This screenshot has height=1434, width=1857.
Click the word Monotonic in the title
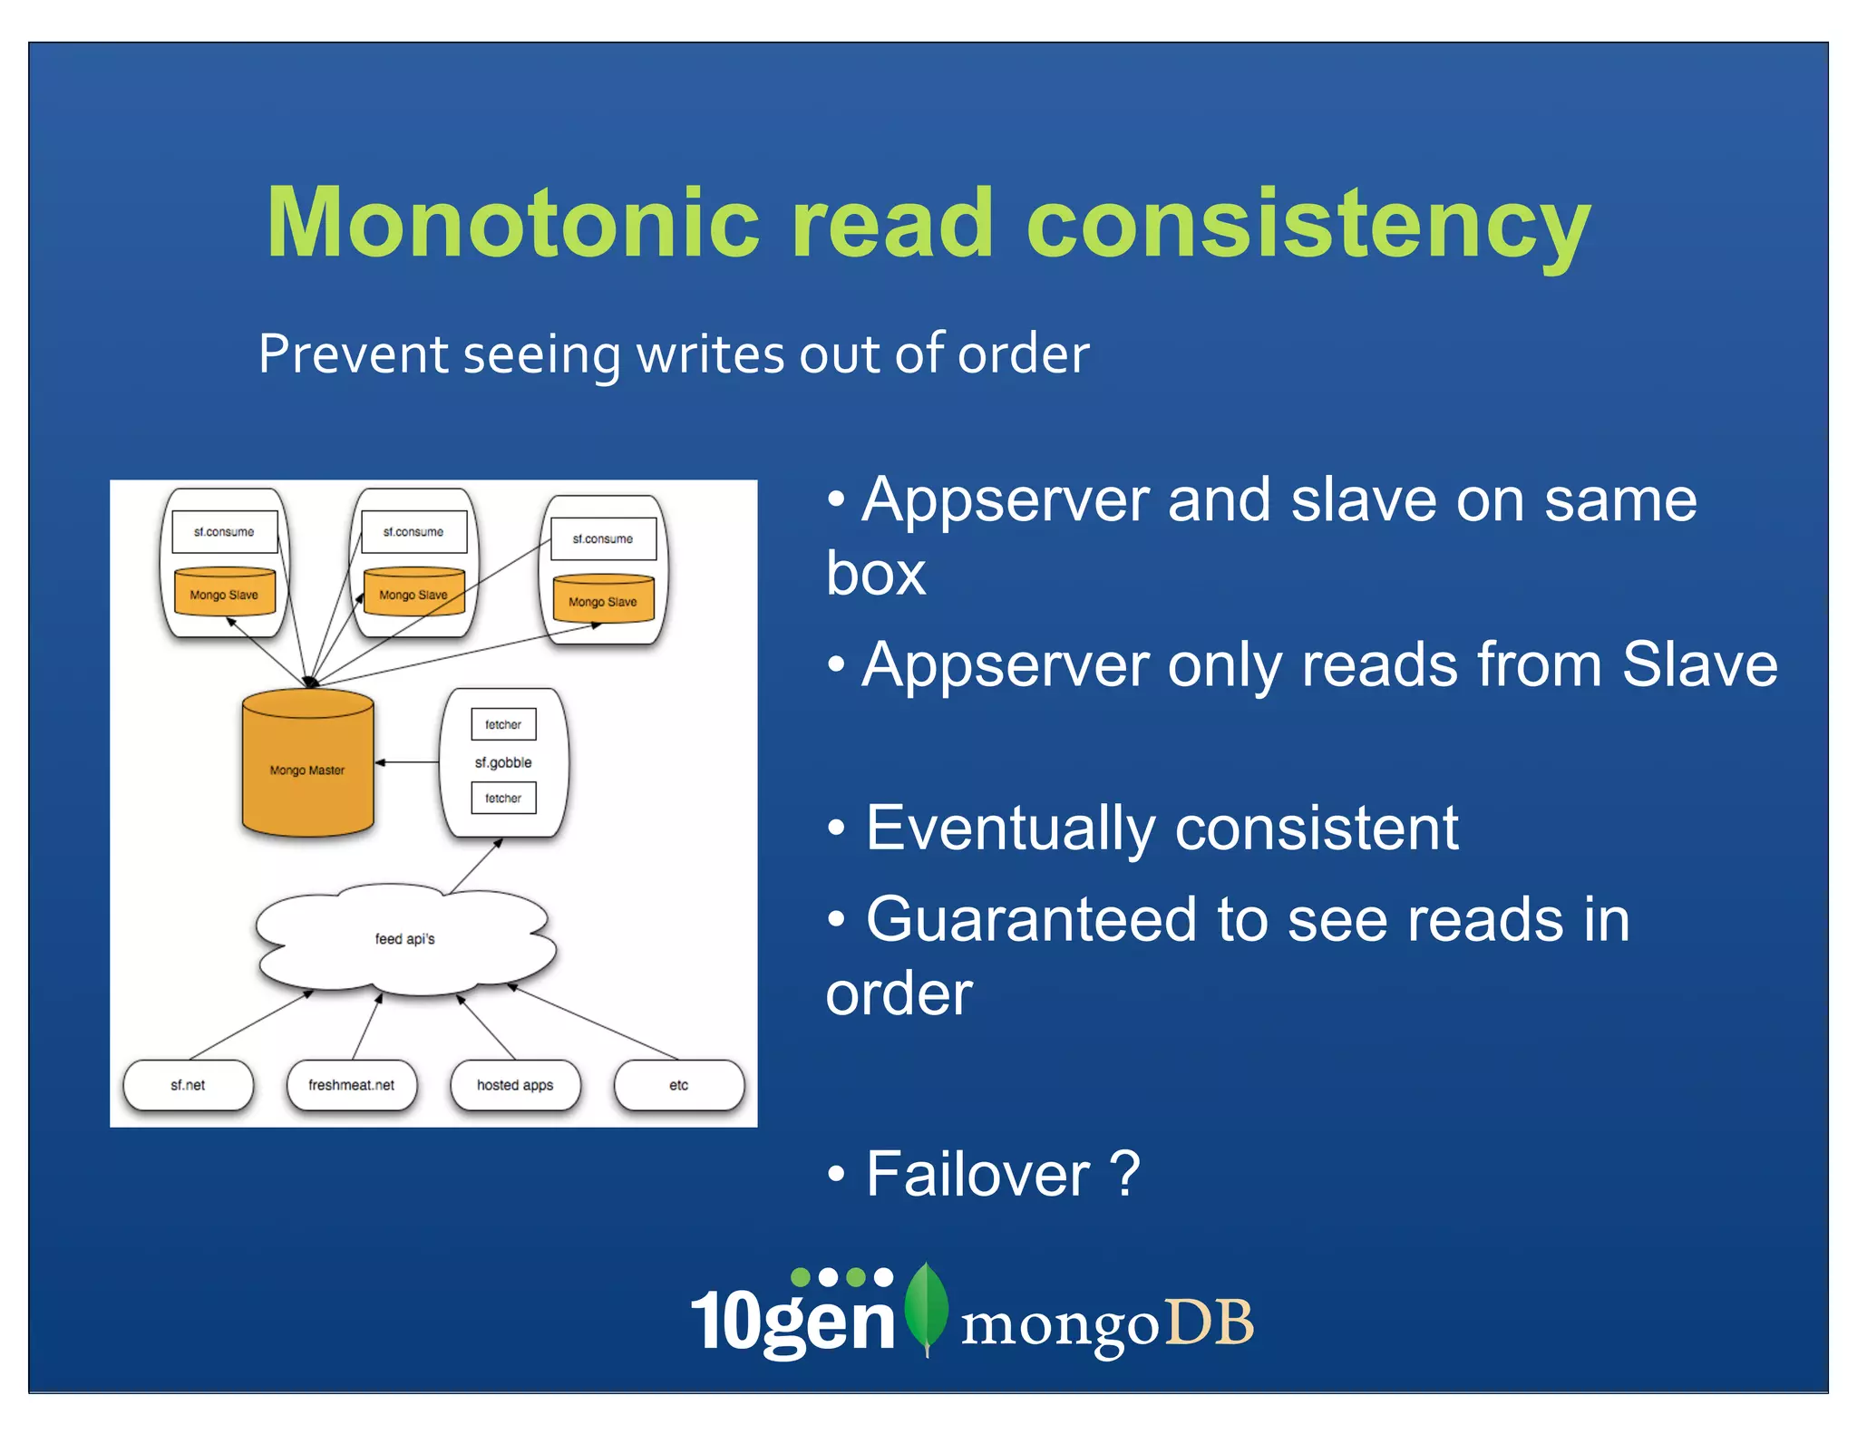[512, 223]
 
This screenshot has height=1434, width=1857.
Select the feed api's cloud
[404, 939]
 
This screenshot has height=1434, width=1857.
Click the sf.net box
[189, 1085]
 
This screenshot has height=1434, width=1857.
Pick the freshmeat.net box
[352, 1085]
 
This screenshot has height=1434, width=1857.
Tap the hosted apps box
[515, 1085]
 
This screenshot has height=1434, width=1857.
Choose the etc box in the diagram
[679, 1085]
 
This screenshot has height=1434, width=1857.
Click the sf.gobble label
[503, 762]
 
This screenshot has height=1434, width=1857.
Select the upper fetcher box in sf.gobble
[503, 724]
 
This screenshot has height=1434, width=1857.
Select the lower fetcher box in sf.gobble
[503, 799]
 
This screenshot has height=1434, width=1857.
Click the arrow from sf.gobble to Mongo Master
[407, 762]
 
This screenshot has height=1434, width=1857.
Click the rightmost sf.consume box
[603, 538]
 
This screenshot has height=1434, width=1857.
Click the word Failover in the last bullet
[977, 1175]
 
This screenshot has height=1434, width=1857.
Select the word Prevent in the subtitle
[353, 354]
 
